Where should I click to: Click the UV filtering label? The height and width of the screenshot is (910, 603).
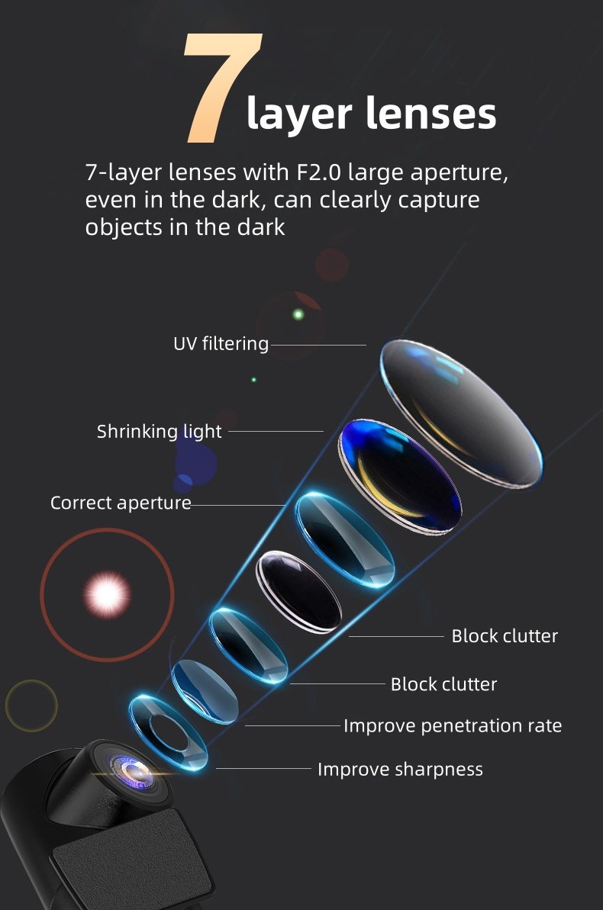click(x=221, y=344)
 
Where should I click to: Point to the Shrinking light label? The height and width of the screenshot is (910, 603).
click(x=159, y=431)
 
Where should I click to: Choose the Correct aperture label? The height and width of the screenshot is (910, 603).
click(x=121, y=503)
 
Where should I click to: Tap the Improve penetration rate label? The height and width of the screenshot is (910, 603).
click(x=452, y=725)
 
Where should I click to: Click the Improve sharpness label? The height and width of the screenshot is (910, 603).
click(x=400, y=769)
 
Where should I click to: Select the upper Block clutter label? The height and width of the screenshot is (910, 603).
click(x=505, y=635)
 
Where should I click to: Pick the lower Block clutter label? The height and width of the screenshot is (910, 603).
click(x=443, y=684)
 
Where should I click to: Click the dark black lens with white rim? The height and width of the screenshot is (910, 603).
click(x=298, y=591)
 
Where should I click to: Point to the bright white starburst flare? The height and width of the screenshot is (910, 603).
click(x=107, y=592)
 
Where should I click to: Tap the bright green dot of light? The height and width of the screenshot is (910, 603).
click(x=298, y=314)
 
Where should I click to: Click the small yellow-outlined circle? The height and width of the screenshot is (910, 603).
click(x=31, y=706)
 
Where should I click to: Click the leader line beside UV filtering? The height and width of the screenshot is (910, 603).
click(x=318, y=345)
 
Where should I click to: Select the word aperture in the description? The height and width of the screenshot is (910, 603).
click(x=459, y=172)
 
